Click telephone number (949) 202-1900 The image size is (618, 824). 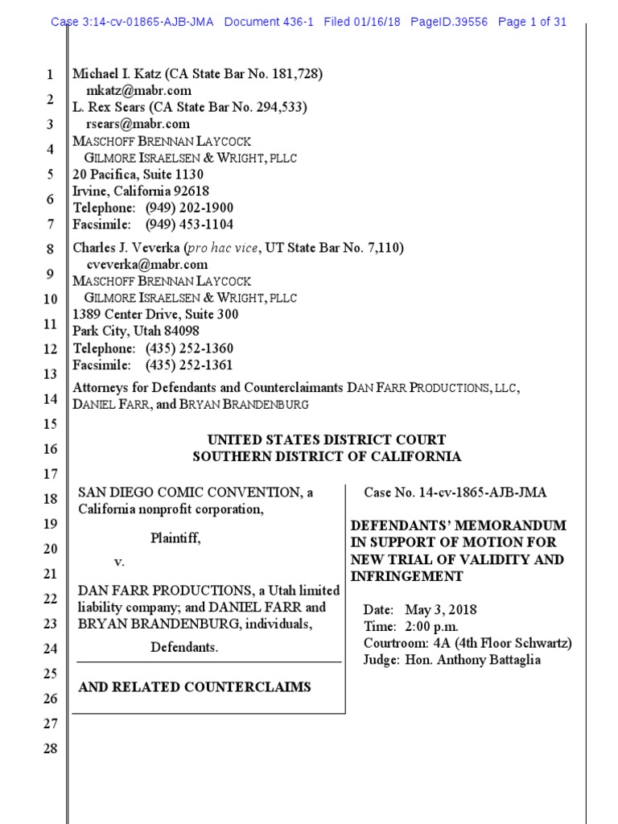(x=189, y=208)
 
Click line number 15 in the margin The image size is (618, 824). (x=49, y=424)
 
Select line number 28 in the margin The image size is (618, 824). (x=49, y=749)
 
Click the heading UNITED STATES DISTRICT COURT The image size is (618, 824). (x=326, y=439)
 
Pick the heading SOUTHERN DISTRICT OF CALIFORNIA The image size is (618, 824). (x=326, y=456)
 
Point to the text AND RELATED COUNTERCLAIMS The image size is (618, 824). (x=194, y=687)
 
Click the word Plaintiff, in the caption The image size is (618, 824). (x=175, y=538)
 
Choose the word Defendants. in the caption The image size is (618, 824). (x=184, y=647)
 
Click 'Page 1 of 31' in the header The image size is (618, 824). (x=533, y=22)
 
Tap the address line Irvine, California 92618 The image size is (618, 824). (x=141, y=191)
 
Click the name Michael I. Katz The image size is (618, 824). (x=117, y=74)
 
